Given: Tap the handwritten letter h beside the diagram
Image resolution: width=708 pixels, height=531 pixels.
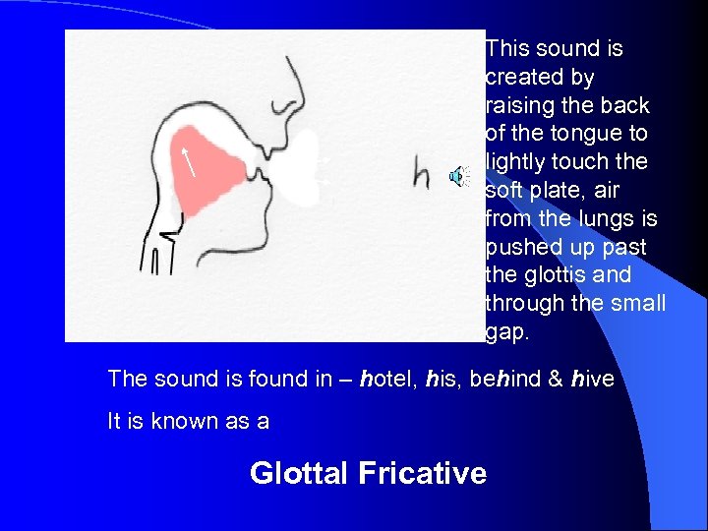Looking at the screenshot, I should point(421,174).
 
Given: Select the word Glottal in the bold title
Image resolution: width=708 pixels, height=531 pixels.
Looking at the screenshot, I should point(299,473).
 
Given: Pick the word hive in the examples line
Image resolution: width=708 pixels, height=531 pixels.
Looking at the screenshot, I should point(592,379).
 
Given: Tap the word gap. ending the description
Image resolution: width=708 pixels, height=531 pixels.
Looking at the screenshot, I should point(507,333).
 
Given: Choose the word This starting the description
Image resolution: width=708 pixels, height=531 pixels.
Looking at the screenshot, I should point(507,48).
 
